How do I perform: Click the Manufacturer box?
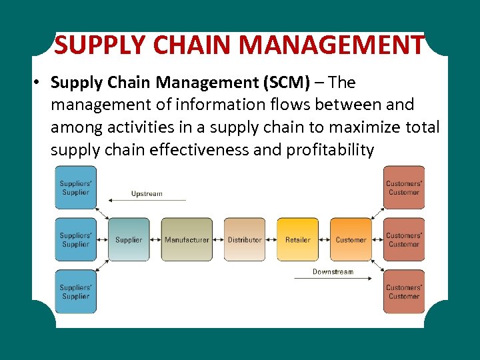coord(187,239)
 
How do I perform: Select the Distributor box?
coord(244,239)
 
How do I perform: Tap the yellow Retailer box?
coord(297,239)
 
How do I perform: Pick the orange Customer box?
coord(351,239)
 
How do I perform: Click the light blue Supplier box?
coord(129,239)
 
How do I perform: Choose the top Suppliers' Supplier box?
coord(75,187)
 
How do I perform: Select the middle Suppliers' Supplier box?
coord(75,239)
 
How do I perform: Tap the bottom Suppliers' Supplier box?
coord(75,291)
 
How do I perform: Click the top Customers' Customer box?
coord(404,187)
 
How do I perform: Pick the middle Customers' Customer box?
coord(404,239)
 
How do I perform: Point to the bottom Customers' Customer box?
coord(404,291)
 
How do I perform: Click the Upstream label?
coord(147,194)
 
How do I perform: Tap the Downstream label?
coord(333,272)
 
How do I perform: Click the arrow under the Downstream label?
coord(333,278)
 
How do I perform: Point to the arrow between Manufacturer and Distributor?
coord(218,239)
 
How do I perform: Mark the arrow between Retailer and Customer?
coord(324,239)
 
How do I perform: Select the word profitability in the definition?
coord(330,150)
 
